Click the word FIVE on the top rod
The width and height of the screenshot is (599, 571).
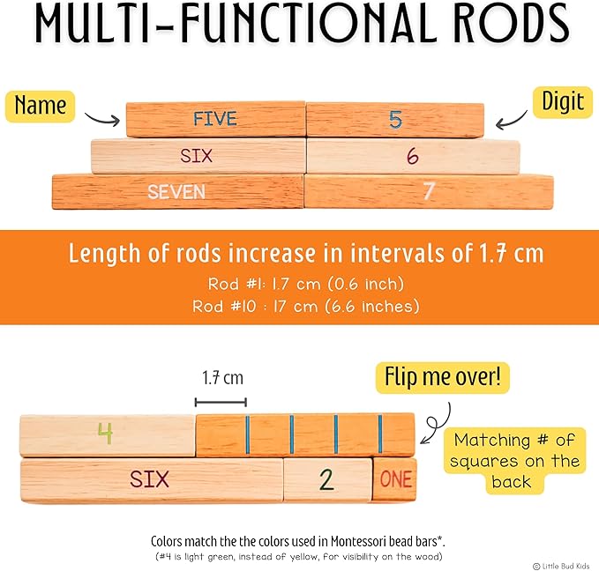(215, 118)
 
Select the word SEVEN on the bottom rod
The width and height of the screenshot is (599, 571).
(176, 191)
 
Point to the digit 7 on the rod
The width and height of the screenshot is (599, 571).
(429, 190)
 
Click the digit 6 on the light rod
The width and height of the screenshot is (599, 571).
(412, 156)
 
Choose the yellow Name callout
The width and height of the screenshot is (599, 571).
(41, 106)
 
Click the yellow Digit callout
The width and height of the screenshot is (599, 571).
(561, 101)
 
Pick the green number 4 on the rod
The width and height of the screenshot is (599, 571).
(105, 434)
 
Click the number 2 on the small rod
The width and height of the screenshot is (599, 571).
(326, 480)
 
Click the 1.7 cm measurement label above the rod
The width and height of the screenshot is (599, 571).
(221, 378)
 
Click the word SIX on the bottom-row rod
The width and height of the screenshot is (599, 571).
(149, 479)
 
